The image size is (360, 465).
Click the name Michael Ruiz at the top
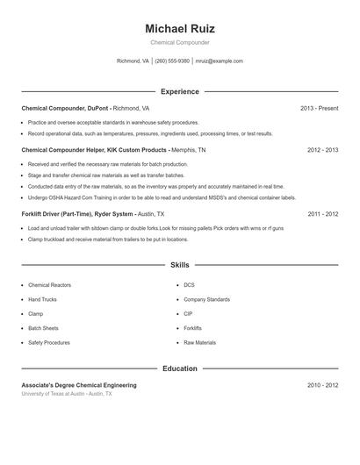tap(179, 28)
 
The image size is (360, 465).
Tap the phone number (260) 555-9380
tap(173, 61)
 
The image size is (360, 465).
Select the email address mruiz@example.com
tap(219, 61)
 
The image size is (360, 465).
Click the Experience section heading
tap(179, 91)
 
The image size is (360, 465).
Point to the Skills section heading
tap(179, 264)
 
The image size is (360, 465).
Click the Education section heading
tap(179, 368)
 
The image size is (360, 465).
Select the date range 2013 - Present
tap(319, 108)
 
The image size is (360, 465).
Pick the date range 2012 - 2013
tap(322, 150)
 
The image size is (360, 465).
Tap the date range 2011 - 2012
tap(322, 213)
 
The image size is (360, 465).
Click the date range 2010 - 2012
tap(322, 385)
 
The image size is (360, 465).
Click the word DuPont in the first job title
tap(97, 108)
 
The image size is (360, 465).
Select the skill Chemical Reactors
tap(49, 285)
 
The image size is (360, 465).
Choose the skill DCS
tap(189, 285)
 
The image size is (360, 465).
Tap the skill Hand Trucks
tap(43, 299)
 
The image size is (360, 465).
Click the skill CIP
tap(188, 313)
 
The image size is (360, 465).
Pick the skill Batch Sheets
tap(45, 328)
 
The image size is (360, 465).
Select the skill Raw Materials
tap(199, 342)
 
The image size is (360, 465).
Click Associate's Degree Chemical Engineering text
tap(79, 385)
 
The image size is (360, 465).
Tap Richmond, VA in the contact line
tap(133, 61)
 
